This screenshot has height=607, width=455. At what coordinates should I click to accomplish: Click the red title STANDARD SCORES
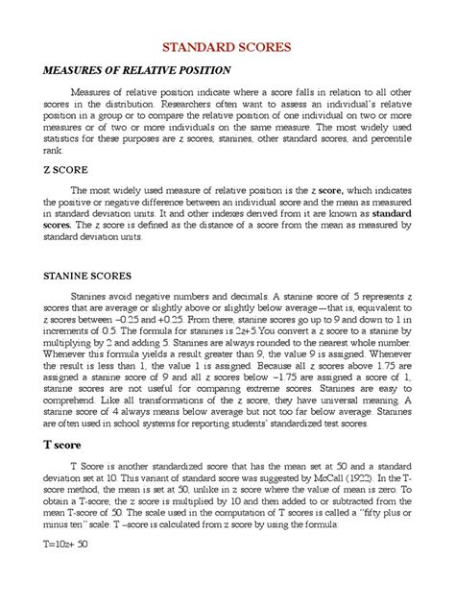click(x=227, y=46)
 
